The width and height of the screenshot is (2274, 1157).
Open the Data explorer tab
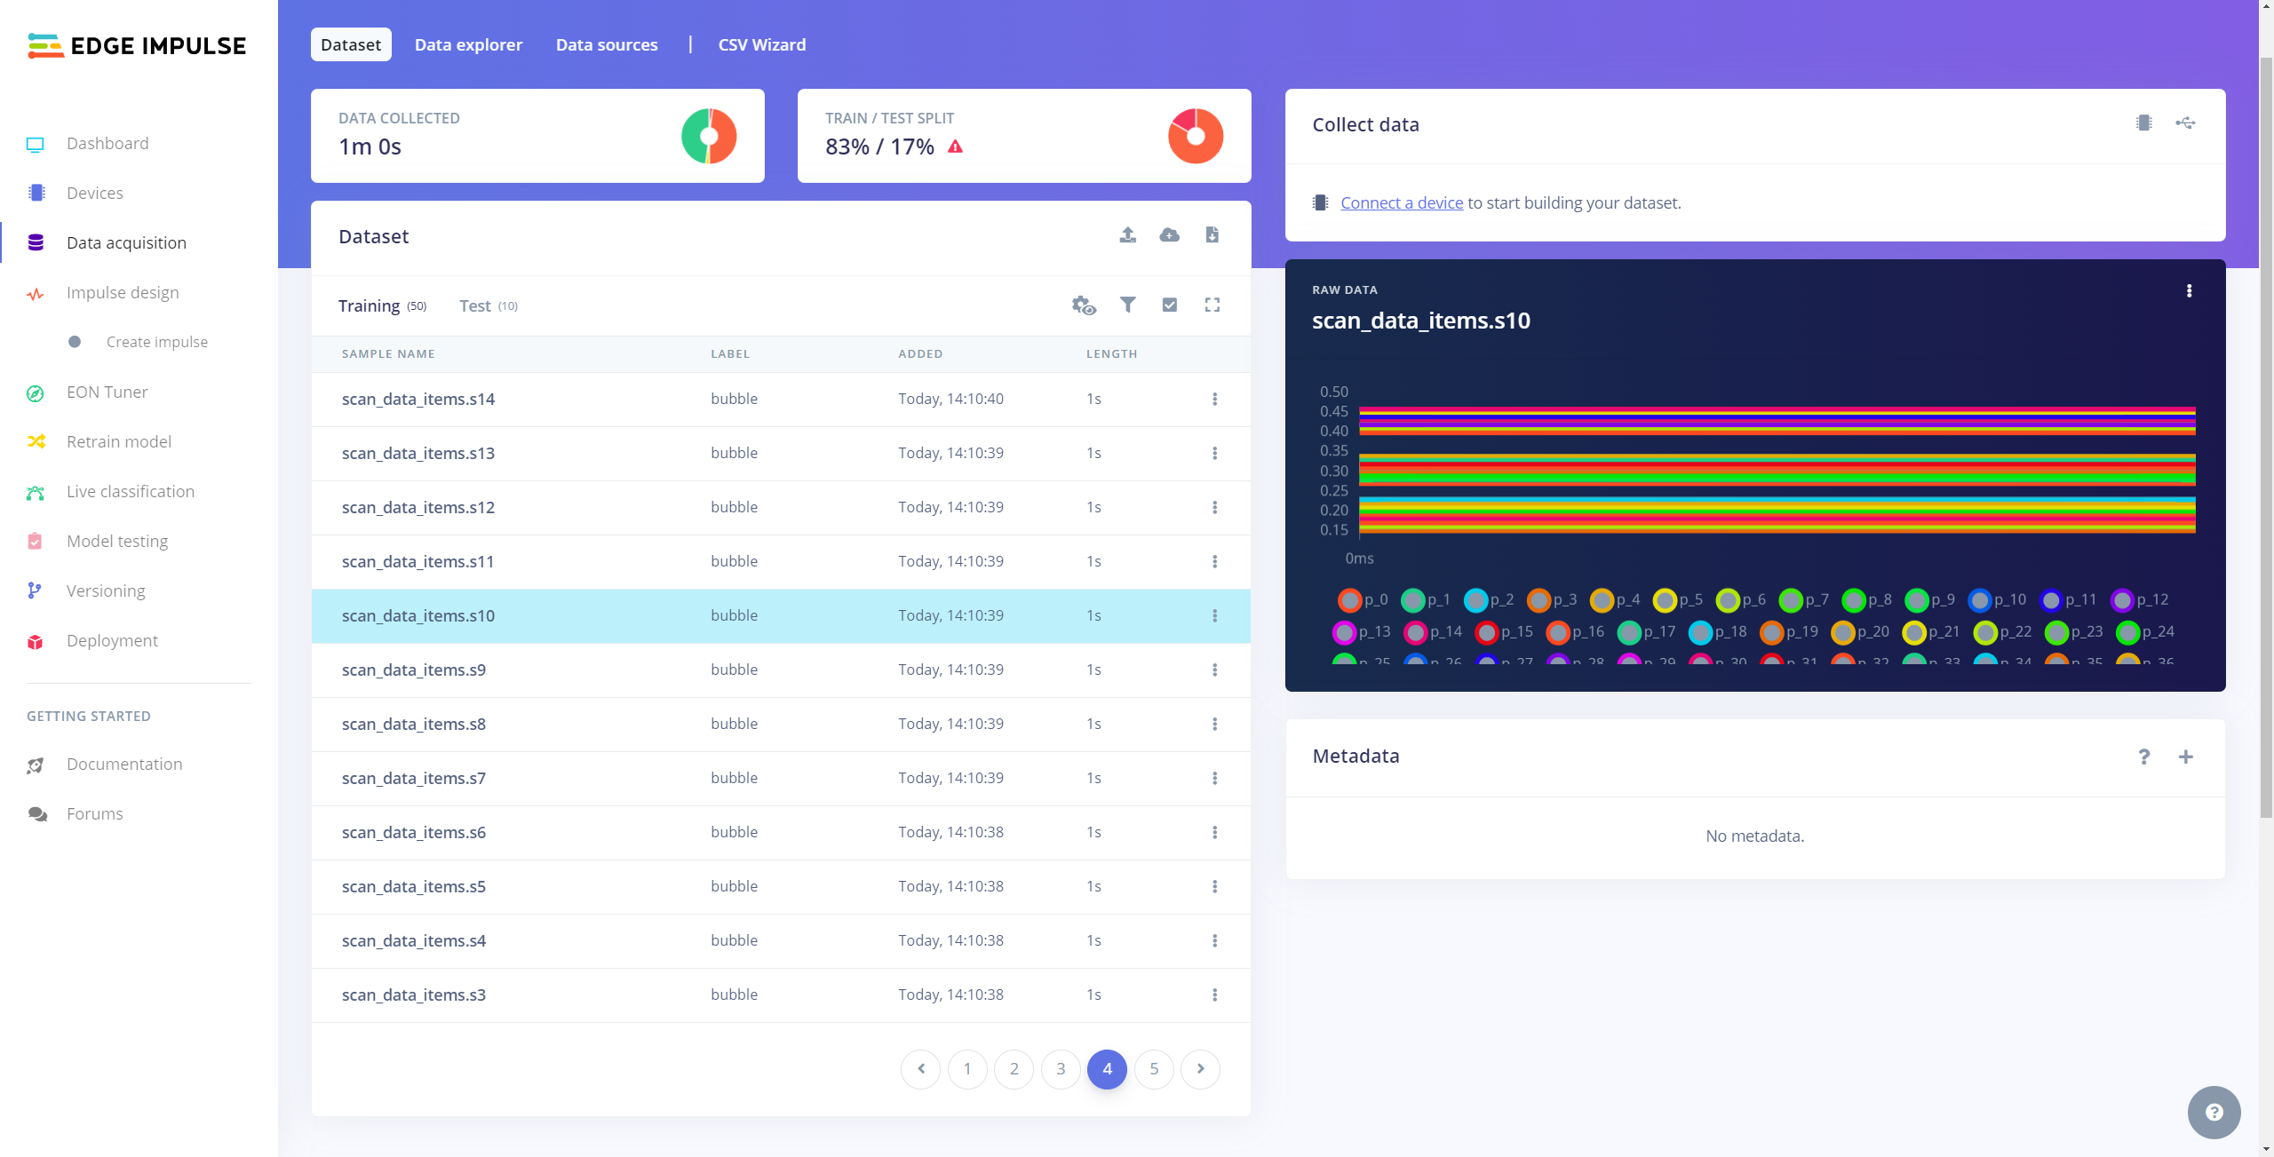(x=468, y=45)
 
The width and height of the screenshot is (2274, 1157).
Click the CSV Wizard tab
(x=761, y=45)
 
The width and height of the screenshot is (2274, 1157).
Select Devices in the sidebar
(x=94, y=194)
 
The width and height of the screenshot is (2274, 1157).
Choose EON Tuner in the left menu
(x=107, y=392)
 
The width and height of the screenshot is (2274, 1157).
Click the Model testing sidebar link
(x=116, y=542)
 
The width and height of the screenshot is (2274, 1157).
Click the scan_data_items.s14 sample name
(x=417, y=400)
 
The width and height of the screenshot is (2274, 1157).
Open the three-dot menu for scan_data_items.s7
(x=1214, y=779)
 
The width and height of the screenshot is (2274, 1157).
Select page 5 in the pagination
(x=1153, y=1069)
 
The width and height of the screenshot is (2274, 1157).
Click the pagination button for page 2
(x=1014, y=1069)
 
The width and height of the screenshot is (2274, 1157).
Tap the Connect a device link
(x=1401, y=203)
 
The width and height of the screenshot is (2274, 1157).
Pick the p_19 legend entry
(x=1790, y=632)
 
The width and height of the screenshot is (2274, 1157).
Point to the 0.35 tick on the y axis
(x=1333, y=451)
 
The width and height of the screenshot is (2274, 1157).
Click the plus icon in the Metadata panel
(x=2185, y=757)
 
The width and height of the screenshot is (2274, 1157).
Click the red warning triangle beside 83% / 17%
(x=955, y=147)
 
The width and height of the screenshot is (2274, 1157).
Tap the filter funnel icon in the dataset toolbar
(x=1127, y=305)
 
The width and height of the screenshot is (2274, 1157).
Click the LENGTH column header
(x=1111, y=354)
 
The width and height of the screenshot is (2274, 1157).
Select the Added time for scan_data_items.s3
(x=950, y=995)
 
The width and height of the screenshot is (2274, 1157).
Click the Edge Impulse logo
(x=137, y=46)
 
